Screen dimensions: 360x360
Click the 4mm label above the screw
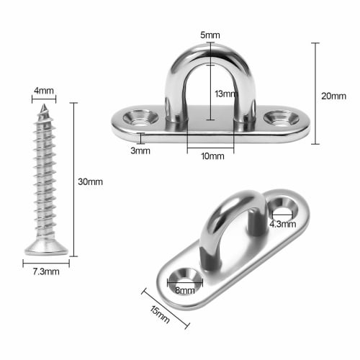[x=44, y=91]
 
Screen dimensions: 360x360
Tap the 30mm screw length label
[x=90, y=181]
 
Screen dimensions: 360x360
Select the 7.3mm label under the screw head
[x=44, y=271]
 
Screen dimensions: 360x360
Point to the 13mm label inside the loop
[x=225, y=94]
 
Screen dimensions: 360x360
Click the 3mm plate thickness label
[x=140, y=150]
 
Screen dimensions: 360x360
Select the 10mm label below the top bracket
[x=210, y=156]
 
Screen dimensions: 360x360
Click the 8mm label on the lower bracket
[x=184, y=290]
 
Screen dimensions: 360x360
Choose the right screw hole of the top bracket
[x=278, y=116]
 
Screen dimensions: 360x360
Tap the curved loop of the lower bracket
[x=216, y=216]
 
